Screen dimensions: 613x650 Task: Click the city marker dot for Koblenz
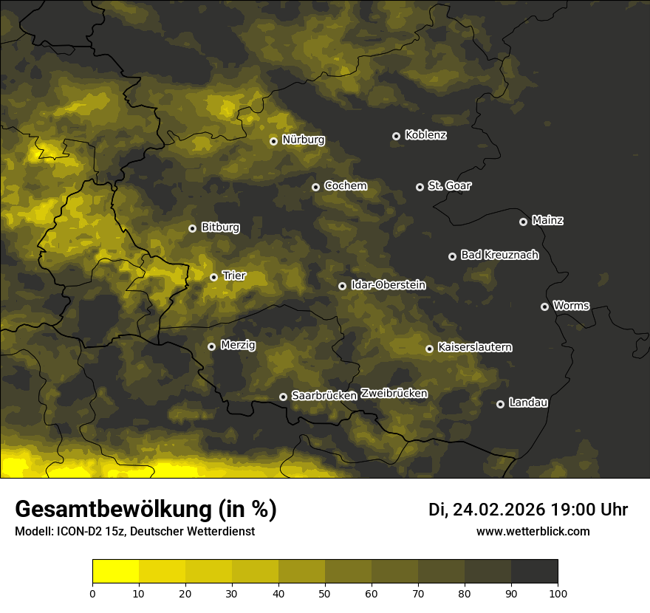[396, 136]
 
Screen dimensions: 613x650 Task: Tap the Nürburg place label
[303, 140]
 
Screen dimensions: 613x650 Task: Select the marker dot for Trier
[213, 277]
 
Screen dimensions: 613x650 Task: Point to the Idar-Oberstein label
[388, 284]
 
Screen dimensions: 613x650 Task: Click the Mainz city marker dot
[523, 222]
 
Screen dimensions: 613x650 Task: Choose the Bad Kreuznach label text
[499, 255]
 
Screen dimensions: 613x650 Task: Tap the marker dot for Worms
[544, 306]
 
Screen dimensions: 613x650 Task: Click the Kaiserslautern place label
[474, 347]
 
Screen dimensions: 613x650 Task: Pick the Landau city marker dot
[500, 404]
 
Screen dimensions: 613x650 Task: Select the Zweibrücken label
[394, 393]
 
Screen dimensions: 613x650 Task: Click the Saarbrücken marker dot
[283, 397]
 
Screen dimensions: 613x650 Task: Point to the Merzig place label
[238, 345]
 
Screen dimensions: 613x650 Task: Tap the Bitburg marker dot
[192, 228]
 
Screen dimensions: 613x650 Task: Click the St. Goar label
[449, 185]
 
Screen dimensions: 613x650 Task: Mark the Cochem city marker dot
[315, 187]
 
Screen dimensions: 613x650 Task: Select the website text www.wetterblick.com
[533, 531]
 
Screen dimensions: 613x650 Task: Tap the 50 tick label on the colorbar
[325, 592]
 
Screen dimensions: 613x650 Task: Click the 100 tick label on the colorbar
[557, 592]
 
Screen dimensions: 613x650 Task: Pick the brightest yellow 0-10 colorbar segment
[116, 571]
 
